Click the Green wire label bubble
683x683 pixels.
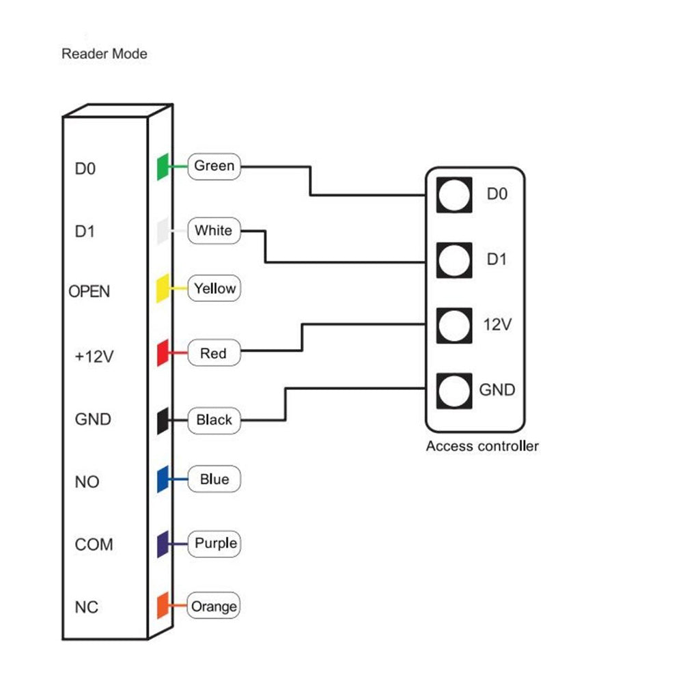214,166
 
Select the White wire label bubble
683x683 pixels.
213,230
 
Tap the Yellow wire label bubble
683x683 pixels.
214,289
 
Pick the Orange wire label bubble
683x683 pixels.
214,607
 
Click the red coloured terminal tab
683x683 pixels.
163,352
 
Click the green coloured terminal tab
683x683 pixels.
163,167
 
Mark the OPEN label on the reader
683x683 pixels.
89,292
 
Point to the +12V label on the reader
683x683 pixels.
94,356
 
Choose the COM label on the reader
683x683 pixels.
94,545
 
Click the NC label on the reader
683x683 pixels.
87,607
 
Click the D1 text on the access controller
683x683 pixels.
497,260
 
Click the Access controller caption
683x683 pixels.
482,447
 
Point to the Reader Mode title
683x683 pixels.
104,53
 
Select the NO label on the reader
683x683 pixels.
87,482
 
